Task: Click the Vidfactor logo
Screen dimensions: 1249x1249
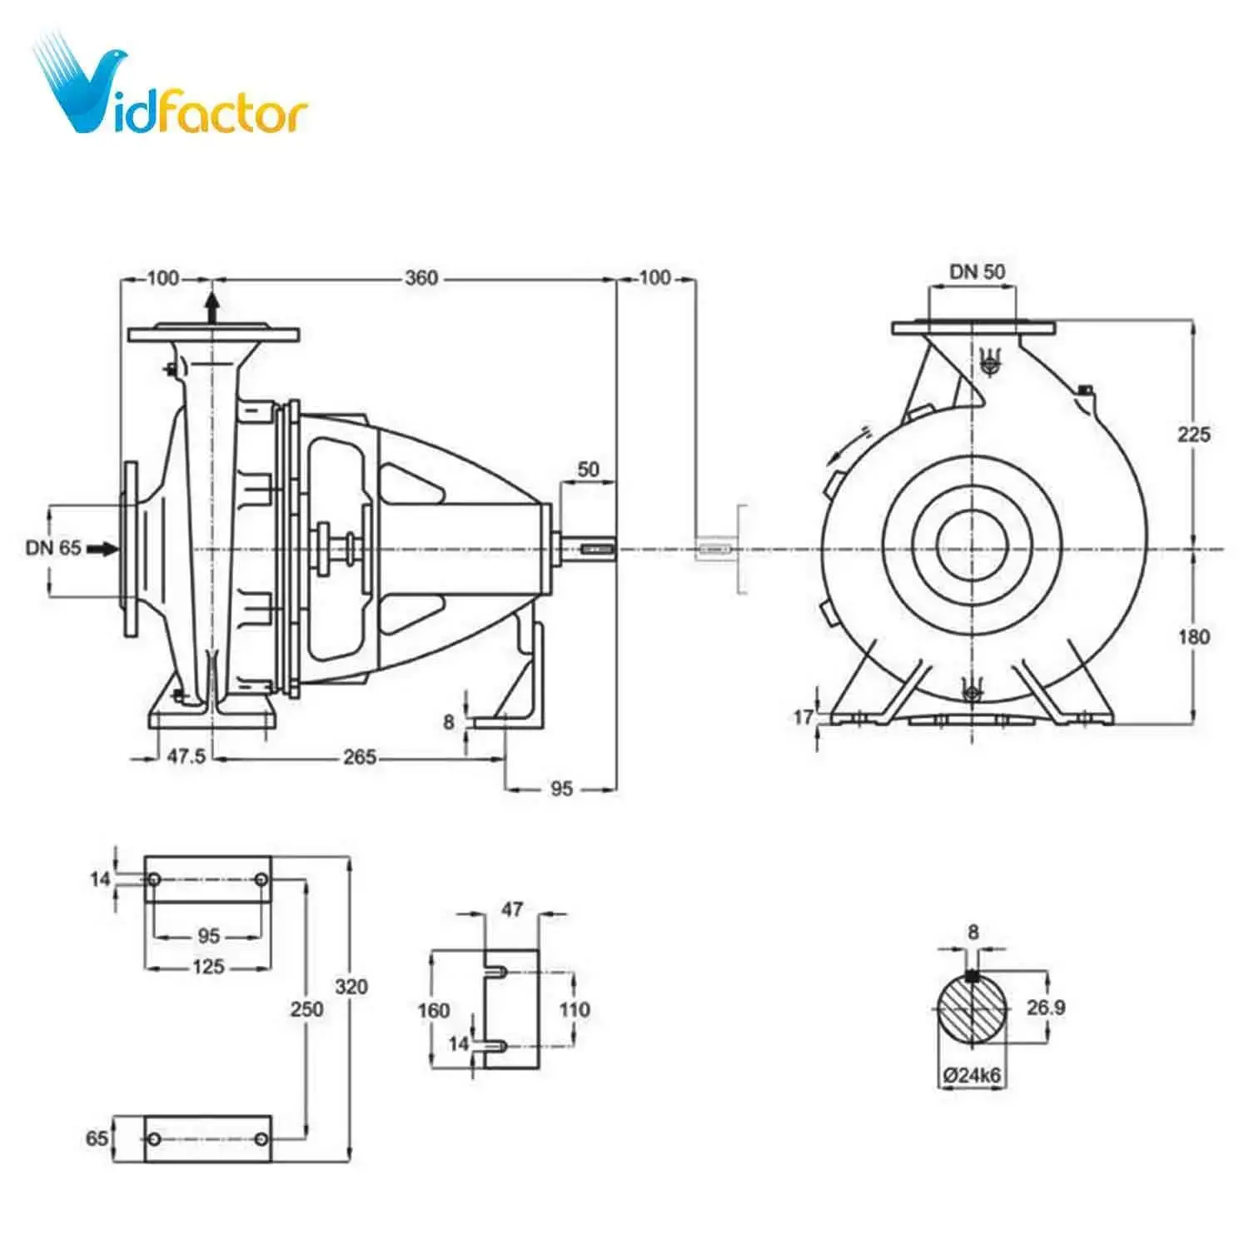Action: pyautogui.click(x=171, y=92)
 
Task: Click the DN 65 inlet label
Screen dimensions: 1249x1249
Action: pyautogui.click(x=53, y=548)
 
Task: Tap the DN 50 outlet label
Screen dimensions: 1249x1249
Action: pyautogui.click(x=977, y=271)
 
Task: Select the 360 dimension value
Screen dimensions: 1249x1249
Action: pyautogui.click(x=421, y=278)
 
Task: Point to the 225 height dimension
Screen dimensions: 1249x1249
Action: pyautogui.click(x=1193, y=434)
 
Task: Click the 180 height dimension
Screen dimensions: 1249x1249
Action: pyautogui.click(x=1193, y=637)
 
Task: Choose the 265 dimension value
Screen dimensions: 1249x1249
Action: pyautogui.click(x=360, y=757)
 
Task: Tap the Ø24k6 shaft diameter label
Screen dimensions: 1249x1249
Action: pyautogui.click(x=972, y=1075)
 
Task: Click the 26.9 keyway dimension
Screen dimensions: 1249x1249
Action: pyautogui.click(x=1045, y=1008)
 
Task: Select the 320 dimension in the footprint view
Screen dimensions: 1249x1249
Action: pyautogui.click(x=351, y=987)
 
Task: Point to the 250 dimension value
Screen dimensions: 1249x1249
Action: pyautogui.click(x=306, y=1009)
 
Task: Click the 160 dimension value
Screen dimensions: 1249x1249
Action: pyautogui.click(x=433, y=1010)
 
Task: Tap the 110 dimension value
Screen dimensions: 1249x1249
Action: pyautogui.click(x=574, y=1010)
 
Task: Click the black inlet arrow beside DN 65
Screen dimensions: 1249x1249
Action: pyautogui.click(x=103, y=548)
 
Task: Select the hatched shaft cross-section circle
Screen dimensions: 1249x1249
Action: pyautogui.click(x=972, y=1008)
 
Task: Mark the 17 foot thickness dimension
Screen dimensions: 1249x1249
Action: pyautogui.click(x=803, y=717)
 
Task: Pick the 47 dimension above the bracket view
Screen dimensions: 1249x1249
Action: pyautogui.click(x=512, y=909)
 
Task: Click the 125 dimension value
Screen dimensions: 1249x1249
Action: pyautogui.click(x=208, y=967)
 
